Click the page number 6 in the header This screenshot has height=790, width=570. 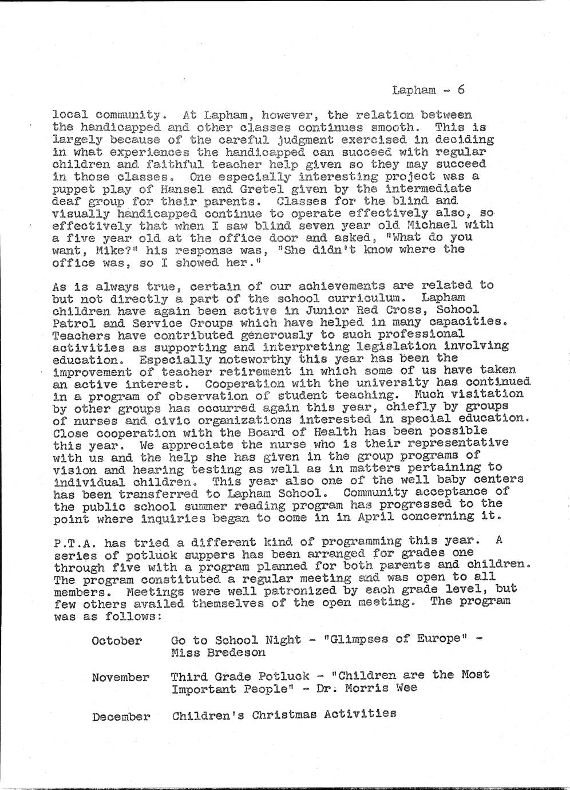461,90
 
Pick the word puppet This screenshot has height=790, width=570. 70,189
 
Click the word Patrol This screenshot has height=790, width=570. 70,323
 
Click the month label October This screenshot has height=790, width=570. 116,641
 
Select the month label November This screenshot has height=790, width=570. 120,678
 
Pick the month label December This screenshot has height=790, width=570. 121,716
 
